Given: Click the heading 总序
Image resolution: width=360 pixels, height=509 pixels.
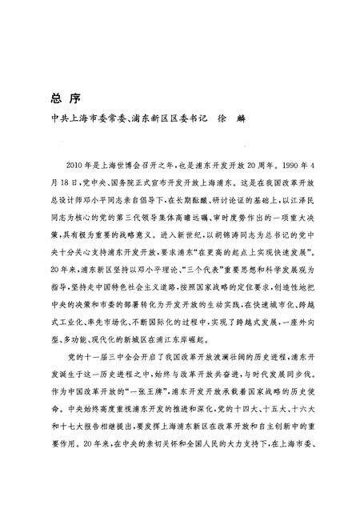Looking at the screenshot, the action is (x=62, y=102).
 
